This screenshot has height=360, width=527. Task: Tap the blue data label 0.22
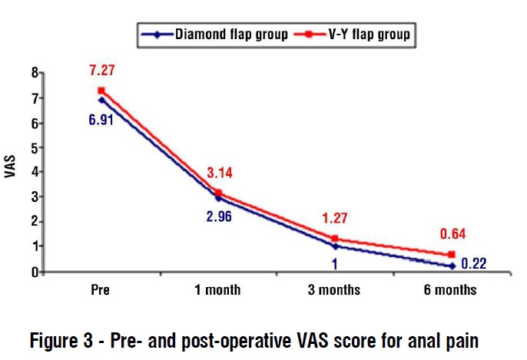coord(474,265)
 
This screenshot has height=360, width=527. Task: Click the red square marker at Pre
coord(101,91)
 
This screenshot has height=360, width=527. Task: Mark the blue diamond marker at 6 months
coord(452,266)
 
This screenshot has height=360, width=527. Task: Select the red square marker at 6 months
coord(452,254)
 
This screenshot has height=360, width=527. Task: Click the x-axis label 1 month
coord(217,290)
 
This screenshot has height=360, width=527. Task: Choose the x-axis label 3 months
coord(335,290)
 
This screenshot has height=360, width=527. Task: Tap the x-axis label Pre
coord(101,290)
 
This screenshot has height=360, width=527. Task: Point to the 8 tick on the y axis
coord(35,73)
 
